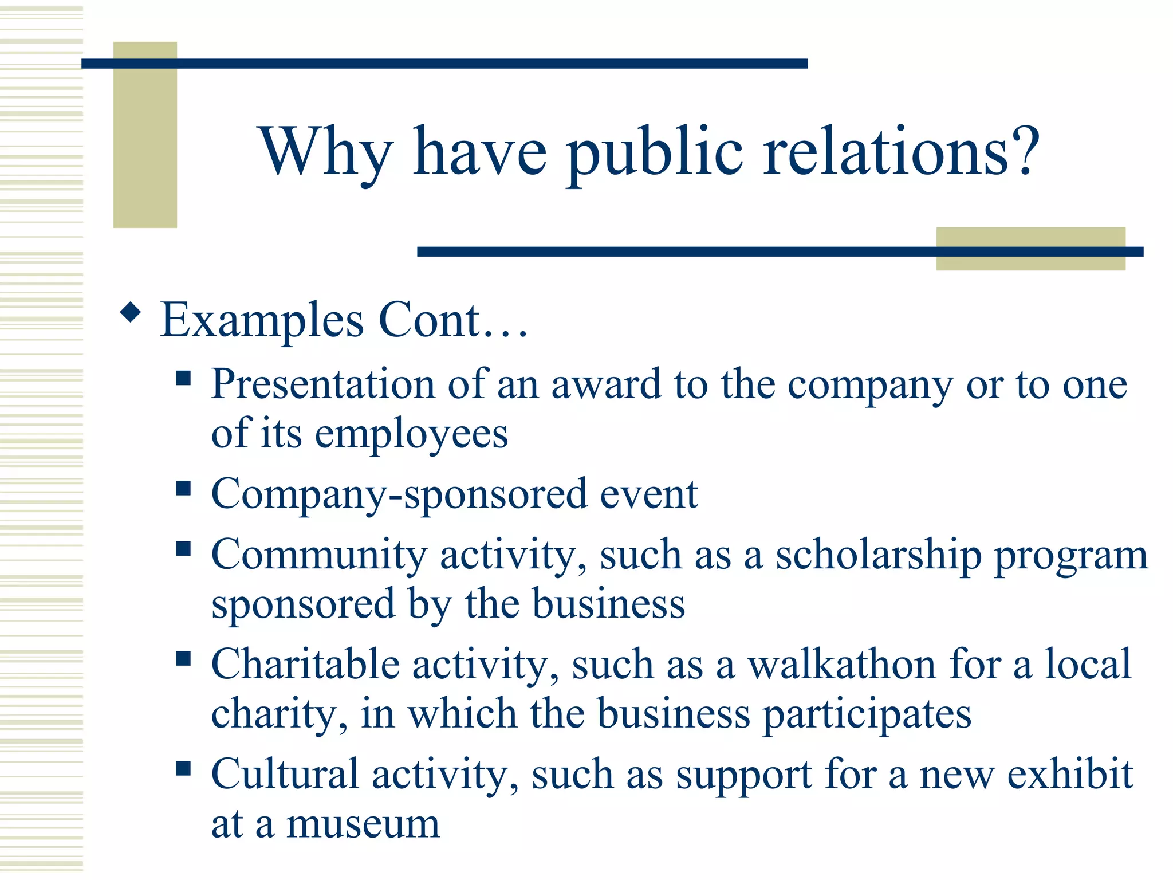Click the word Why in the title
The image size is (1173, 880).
325,152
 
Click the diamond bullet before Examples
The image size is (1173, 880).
131,312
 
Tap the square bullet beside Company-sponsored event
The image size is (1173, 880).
183,488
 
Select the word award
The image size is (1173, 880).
606,384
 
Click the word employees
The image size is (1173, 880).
411,434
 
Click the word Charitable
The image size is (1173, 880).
305,665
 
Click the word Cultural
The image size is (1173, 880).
285,775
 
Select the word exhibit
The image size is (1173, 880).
1070,775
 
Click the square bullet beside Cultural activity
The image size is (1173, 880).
183,768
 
